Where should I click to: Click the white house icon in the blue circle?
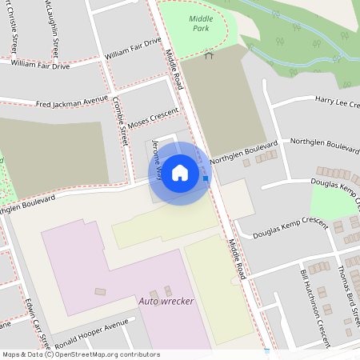(x=180, y=172)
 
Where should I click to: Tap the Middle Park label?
(x=199, y=22)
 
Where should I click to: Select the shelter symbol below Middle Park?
(x=210, y=55)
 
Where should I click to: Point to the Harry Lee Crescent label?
(x=336, y=101)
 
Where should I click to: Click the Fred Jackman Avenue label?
(x=71, y=102)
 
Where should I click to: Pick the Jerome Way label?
(x=158, y=157)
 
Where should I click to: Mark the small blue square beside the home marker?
(x=206, y=178)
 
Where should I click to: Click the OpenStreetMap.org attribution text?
(x=104, y=354)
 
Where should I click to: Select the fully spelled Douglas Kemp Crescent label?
(x=290, y=229)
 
